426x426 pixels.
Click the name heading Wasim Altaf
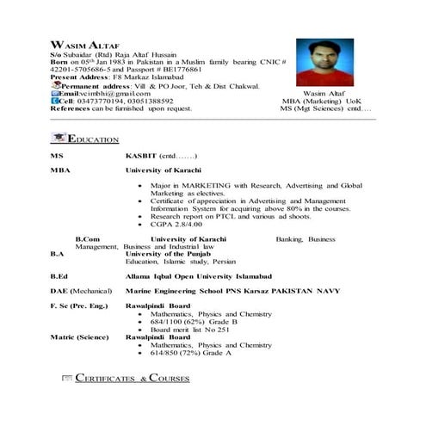tap(77, 44)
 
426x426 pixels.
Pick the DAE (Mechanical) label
tap(83, 292)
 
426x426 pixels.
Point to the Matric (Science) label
tap(80, 336)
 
